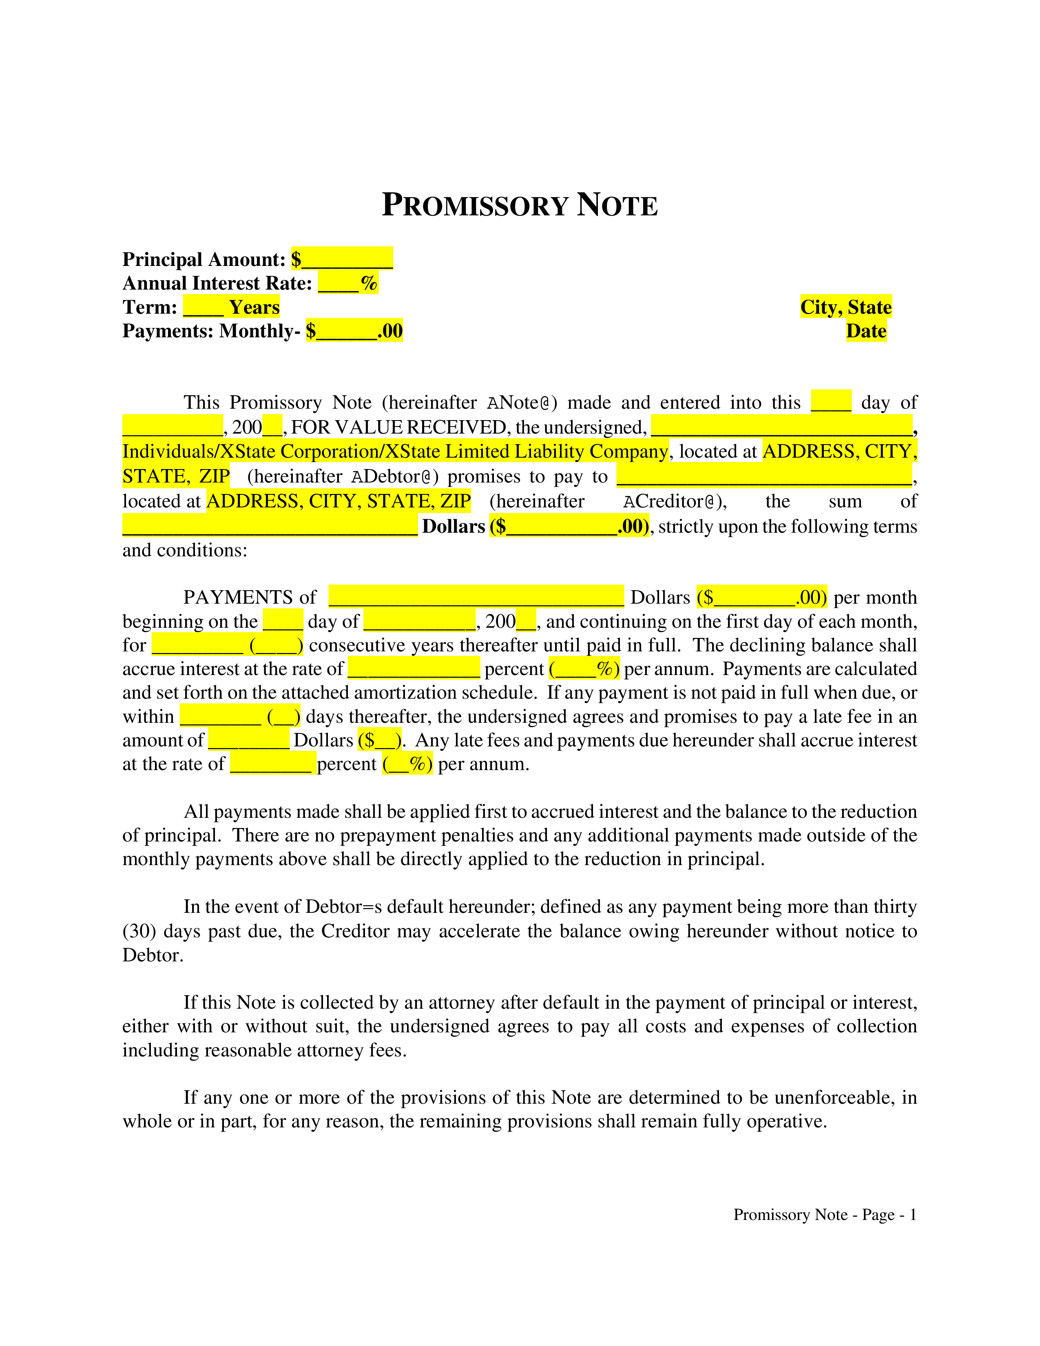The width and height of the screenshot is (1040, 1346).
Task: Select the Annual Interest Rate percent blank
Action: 348,283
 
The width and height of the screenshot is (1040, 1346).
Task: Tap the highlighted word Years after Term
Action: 254,307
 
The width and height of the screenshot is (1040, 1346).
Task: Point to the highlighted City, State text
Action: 846,307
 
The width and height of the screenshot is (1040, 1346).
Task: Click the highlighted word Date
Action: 866,331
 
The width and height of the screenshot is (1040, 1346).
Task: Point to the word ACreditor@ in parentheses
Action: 675,501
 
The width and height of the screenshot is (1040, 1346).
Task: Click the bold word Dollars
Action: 454,526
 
